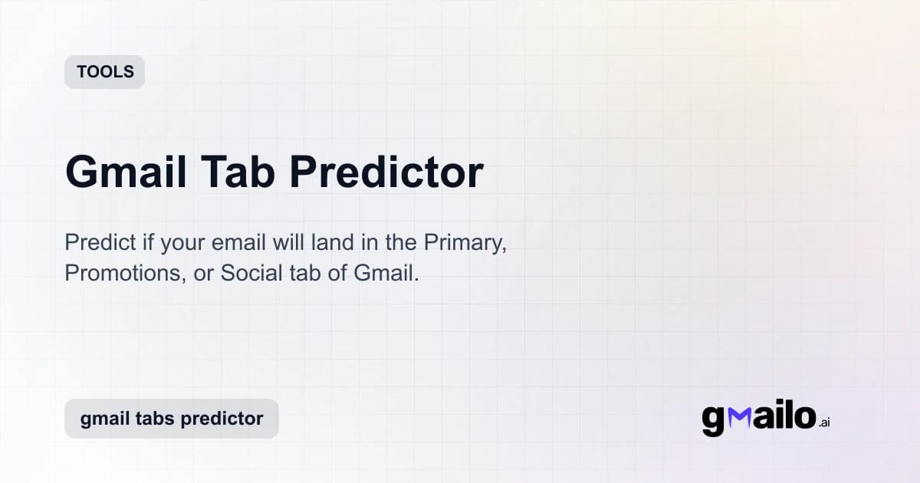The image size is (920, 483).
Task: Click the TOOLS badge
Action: (x=104, y=72)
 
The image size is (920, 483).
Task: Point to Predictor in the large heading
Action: (x=386, y=172)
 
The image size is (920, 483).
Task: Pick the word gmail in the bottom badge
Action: (x=104, y=419)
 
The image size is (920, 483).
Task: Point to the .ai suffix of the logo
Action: (x=824, y=422)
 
